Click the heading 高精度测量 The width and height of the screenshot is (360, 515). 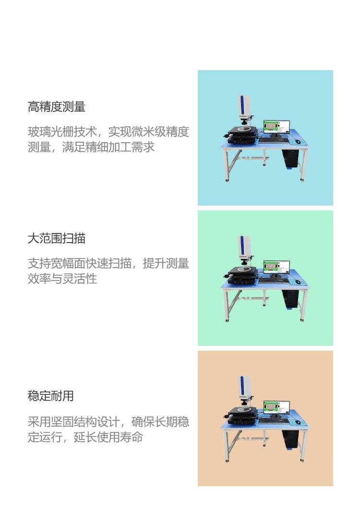(57, 107)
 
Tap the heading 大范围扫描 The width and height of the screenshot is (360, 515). (57, 238)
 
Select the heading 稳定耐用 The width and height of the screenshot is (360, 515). (50, 396)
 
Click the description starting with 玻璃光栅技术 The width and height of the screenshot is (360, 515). (108, 139)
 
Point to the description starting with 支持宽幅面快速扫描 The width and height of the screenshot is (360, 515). (108, 271)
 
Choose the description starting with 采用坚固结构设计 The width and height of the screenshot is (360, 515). (108, 429)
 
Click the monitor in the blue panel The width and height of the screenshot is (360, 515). (276, 127)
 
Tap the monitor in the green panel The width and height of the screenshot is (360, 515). (276, 268)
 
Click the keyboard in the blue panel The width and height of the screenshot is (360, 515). (274, 140)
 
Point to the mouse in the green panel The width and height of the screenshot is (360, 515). (298, 282)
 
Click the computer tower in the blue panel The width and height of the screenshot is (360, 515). (290, 159)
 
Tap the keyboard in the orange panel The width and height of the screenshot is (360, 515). (274, 421)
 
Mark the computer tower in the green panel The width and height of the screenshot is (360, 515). (290, 299)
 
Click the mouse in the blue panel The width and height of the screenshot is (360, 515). (298, 141)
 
